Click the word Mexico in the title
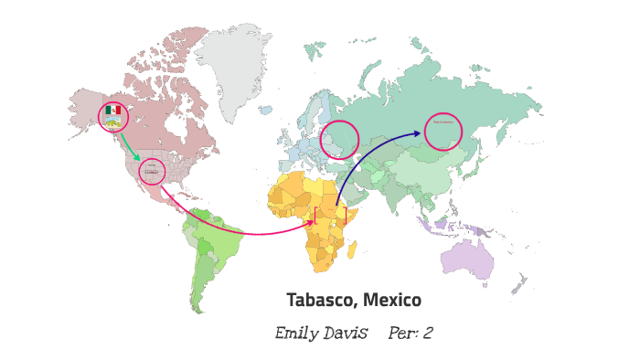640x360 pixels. pyautogui.click(x=392, y=300)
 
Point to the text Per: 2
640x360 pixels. pyautogui.click(x=410, y=334)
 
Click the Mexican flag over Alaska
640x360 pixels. pyautogui.click(x=112, y=110)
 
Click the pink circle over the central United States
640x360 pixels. pyautogui.click(x=152, y=171)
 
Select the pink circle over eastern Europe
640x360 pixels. pyautogui.click(x=339, y=140)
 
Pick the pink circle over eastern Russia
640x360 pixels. pyautogui.click(x=443, y=131)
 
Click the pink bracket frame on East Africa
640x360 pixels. pyautogui.click(x=330, y=217)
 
